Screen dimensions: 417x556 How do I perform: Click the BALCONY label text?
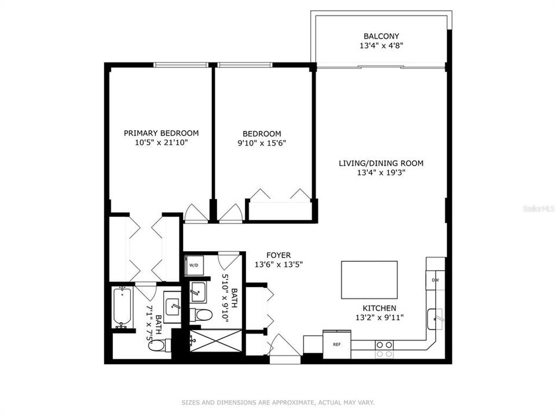(381, 36)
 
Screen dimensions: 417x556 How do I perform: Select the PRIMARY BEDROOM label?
(161, 133)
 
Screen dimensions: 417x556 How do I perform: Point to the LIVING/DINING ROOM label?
(381, 163)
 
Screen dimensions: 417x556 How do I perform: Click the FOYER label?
(279, 255)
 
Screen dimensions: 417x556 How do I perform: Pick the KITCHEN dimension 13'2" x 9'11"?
(379, 317)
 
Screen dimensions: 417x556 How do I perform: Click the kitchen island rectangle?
(370, 280)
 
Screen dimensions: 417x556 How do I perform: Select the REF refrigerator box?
(336, 343)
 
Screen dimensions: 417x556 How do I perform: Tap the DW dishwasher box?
(435, 280)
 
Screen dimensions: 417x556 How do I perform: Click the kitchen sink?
(436, 318)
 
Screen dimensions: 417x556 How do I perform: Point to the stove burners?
(383, 349)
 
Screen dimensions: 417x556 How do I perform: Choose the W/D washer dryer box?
(192, 265)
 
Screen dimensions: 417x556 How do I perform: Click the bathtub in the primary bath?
(122, 307)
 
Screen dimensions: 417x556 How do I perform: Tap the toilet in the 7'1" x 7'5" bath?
(157, 345)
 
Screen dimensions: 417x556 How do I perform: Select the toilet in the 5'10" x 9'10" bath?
(201, 315)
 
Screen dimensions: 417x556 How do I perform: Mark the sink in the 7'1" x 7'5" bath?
(172, 307)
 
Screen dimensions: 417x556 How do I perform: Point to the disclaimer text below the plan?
(278, 402)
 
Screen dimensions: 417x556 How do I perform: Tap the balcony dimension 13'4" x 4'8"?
(381, 45)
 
